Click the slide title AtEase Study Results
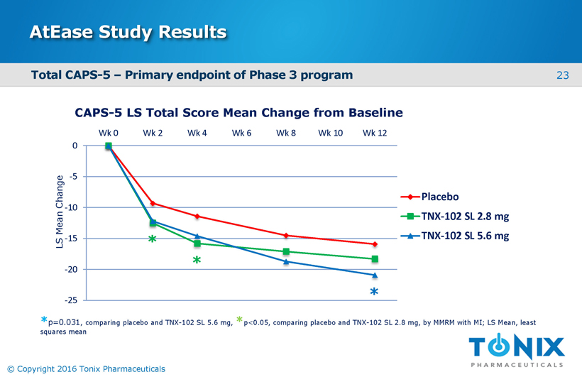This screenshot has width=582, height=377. pyautogui.click(x=128, y=32)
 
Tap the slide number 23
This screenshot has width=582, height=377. pyautogui.click(x=563, y=75)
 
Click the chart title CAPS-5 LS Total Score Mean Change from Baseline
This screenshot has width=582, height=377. pyautogui.click(x=238, y=113)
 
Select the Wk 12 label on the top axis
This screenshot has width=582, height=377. pyautogui.click(x=374, y=133)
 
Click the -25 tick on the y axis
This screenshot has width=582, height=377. pyautogui.click(x=72, y=300)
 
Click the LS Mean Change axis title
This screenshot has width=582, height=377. pyautogui.click(x=60, y=211)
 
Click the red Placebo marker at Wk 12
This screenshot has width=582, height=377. pyautogui.click(x=374, y=244)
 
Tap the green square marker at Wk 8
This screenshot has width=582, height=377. pyautogui.click(x=286, y=251)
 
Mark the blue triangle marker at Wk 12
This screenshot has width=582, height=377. pyautogui.click(x=374, y=275)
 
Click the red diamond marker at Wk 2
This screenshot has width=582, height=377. pyautogui.click(x=153, y=203)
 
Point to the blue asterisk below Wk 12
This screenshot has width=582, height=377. pyautogui.click(x=374, y=292)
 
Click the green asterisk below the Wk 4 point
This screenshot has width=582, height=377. pyautogui.click(x=197, y=261)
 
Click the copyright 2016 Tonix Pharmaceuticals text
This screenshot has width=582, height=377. pyautogui.click(x=85, y=368)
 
